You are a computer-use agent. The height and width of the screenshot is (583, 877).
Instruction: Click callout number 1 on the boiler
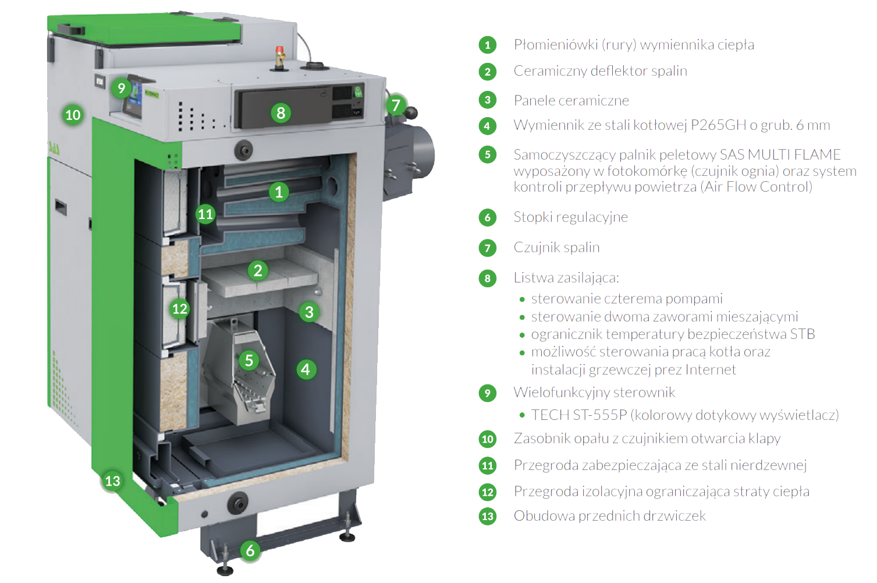pyautogui.click(x=279, y=192)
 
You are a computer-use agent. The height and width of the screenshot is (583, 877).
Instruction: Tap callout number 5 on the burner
pyautogui.click(x=249, y=361)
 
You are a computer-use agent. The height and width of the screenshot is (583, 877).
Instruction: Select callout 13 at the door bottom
pyautogui.click(x=113, y=480)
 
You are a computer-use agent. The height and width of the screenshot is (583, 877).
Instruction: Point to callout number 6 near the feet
pyautogui.click(x=250, y=551)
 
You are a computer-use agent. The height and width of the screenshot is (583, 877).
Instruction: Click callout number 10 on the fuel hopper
pyautogui.click(x=73, y=115)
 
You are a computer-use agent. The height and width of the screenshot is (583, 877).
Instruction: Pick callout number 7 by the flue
pyautogui.click(x=396, y=105)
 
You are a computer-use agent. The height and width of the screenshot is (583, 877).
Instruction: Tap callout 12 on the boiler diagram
pyautogui.click(x=180, y=309)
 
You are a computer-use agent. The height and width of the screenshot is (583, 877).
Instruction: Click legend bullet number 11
pyautogui.click(x=488, y=465)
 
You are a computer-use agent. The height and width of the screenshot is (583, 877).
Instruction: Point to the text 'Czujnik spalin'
pyautogui.click(x=556, y=248)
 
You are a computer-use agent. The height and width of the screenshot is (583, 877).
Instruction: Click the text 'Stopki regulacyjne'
pyautogui.click(x=570, y=217)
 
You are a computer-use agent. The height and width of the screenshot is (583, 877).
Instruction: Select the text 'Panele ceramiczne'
pyautogui.click(x=571, y=101)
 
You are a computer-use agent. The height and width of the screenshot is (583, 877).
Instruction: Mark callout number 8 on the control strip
pyautogui.click(x=281, y=113)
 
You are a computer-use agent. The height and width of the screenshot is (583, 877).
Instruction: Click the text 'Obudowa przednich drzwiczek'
pyautogui.click(x=609, y=516)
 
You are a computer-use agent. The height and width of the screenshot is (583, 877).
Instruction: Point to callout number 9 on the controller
pyautogui.click(x=121, y=88)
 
